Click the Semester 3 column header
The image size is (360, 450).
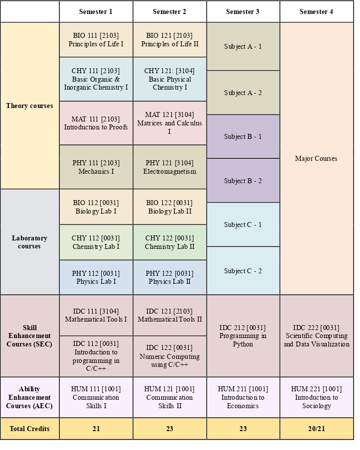tap(243, 11)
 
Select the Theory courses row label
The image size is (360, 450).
tap(29, 106)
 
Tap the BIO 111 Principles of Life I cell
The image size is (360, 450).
tap(96, 40)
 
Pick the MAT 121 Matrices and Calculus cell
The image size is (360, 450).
tap(169, 123)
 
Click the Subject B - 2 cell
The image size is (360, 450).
tap(243, 181)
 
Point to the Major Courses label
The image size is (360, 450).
tap(316, 158)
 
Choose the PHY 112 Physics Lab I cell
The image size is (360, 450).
tap(96, 277)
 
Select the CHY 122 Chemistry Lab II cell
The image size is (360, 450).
tap(169, 242)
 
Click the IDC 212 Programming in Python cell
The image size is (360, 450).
tap(243, 336)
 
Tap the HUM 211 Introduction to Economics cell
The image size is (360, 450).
tap(243, 397)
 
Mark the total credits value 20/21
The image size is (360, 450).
tap(316, 429)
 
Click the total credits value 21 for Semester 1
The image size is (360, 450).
tap(96, 429)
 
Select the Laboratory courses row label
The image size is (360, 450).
tap(29, 242)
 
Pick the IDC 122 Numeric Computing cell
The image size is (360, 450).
tap(169, 356)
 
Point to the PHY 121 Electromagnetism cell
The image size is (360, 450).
tap(169, 167)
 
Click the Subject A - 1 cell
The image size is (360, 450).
tap(243, 46)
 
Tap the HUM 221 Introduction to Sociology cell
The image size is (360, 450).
tap(316, 397)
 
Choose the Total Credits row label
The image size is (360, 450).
tap(29, 429)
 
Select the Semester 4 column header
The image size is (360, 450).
tap(316, 11)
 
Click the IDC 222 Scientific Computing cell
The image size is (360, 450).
tap(316, 336)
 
